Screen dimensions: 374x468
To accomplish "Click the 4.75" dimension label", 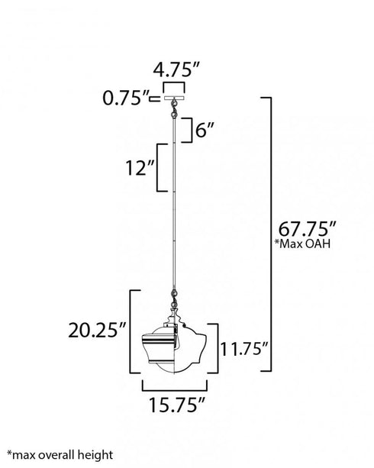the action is pyautogui.click(x=176, y=70).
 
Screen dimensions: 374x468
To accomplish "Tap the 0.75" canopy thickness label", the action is pyautogui.click(x=126, y=98).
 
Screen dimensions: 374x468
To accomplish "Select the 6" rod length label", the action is pyautogui.click(x=205, y=130).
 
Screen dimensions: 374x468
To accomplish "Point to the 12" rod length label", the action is pyautogui.click(x=140, y=168).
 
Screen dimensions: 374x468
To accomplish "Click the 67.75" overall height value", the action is pyautogui.click(x=307, y=229).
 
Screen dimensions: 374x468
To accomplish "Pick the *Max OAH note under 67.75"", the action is pyautogui.click(x=303, y=244).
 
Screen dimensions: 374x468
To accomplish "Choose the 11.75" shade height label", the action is pyautogui.click(x=245, y=348).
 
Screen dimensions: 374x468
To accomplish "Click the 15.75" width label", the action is pyautogui.click(x=177, y=405).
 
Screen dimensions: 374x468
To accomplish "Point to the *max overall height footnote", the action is pyautogui.click(x=60, y=455).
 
